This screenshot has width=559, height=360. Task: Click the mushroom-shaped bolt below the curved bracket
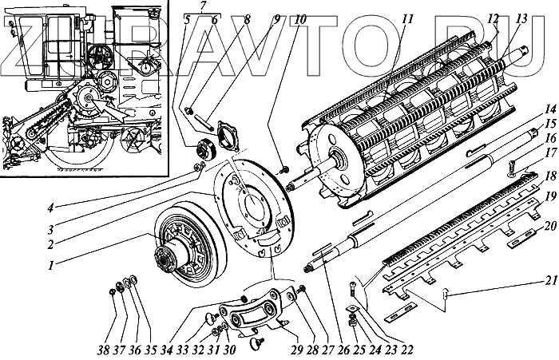[x=258, y=343]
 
